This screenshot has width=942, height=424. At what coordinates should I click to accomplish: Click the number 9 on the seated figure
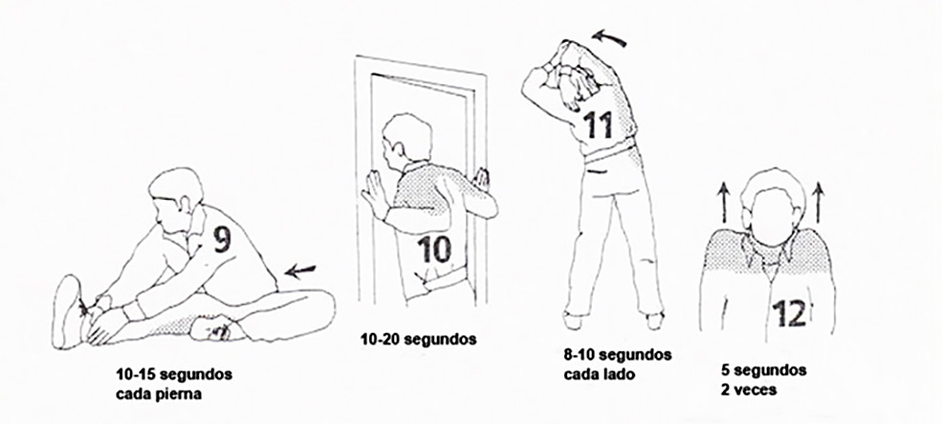(x=222, y=239)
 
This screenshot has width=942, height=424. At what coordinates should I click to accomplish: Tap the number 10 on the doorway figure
(x=434, y=249)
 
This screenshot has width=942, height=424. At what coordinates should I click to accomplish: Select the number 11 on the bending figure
(x=599, y=124)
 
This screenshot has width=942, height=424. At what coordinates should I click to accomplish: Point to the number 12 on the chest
(x=789, y=313)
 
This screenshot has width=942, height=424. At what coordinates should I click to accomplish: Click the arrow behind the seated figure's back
(x=300, y=271)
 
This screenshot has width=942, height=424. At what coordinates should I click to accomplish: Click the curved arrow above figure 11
(x=609, y=39)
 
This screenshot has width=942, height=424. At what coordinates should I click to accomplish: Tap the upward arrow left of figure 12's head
(x=723, y=203)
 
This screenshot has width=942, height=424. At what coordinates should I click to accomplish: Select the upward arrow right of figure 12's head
(x=819, y=203)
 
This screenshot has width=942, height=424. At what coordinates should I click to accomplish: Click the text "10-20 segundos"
(x=418, y=340)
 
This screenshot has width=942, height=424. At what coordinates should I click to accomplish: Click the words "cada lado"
(x=600, y=373)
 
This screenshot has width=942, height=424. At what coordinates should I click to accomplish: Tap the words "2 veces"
(x=748, y=390)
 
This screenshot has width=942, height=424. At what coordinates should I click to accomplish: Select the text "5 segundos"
(x=763, y=369)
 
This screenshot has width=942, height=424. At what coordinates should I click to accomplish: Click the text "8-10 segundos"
(x=618, y=354)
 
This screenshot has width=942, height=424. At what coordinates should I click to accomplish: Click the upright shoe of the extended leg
(x=67, y=311)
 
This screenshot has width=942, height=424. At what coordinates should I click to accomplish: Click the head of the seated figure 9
(x=175, y=193)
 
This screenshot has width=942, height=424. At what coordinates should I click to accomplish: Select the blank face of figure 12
(x=772, y=216)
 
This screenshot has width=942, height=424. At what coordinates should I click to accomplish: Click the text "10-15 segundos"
(x=174, y=374)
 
